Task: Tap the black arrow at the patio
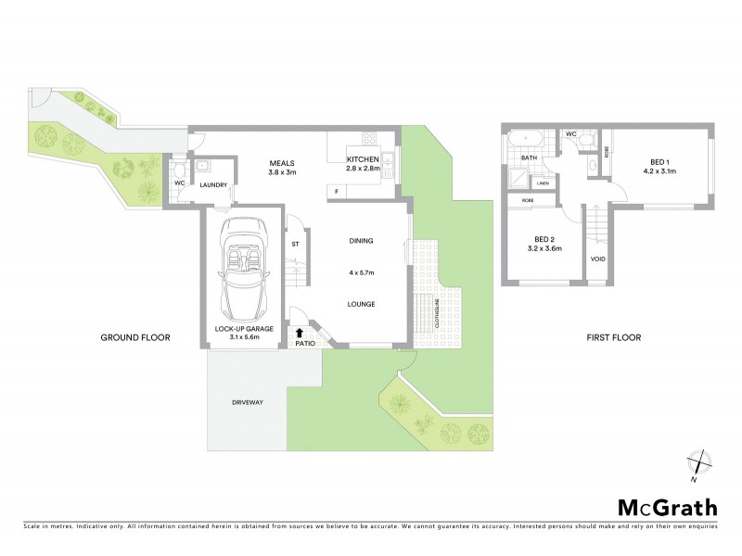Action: pyautogui.click(x=300, y=331)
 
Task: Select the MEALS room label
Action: pyautogui.click(x=282, y=162)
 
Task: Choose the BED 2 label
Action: pyautogui.click(x=544, y=239)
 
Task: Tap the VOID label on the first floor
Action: pyautogui.click(x=598, y=258)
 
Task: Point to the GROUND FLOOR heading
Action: pyautogui.click(x=135, y=337)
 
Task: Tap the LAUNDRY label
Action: pyautogui.click(x=214, y=185)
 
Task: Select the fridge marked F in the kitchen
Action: pyautogui.click(x=336, y=192)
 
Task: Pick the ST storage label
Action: pyautogui.click(x=295, y=244)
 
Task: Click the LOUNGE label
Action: pyautogui.click(x=361, y=303)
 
